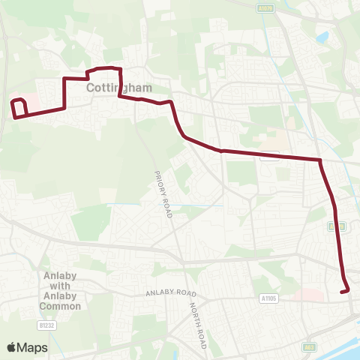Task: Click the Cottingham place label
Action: [119, 88]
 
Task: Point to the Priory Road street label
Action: [164, 194]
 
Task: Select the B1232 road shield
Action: [48, 325]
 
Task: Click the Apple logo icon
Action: [12, 347]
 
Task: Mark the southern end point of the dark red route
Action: [346, 291]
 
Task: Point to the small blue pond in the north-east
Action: [323, 36]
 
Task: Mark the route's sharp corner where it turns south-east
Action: [320, 160]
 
